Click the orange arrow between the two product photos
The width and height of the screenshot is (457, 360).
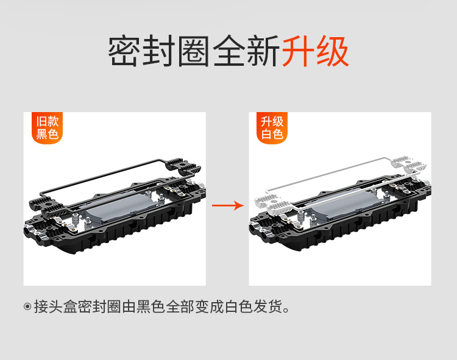[x=228, y=206]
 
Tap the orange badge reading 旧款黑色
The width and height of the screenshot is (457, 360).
[x=47, y=128]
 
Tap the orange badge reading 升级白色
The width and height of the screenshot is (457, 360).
[x=272, y=128]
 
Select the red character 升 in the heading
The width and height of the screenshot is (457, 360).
[x=297, y=51]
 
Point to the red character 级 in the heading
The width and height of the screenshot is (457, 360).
[x=332, y=51]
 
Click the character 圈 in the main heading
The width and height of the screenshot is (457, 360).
[x=194, y=51]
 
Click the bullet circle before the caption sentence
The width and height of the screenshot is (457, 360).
[x=27, y=306]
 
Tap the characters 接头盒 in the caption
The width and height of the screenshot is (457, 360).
[x=55, y=306]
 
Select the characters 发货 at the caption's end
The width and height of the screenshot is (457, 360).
[x=268, y=306]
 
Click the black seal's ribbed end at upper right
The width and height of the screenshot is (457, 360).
[x=183, y=166]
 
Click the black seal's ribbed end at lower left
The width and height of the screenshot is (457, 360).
[x=47, y=206]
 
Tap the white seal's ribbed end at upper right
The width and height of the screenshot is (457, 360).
[x=409, y=164]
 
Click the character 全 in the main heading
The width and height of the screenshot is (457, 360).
[x=228, y=51]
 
